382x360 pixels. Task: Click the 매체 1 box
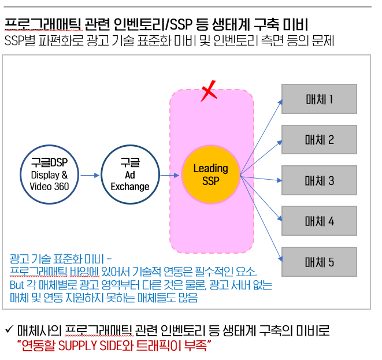point(319,99)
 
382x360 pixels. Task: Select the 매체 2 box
point(319,139)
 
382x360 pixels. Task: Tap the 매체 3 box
point(319,180)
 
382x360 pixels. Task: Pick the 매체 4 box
point(319,221)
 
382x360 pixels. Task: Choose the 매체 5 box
point(319,262)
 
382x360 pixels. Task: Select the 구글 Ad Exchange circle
point(129,175)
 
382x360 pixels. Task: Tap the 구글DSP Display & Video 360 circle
point(49,175)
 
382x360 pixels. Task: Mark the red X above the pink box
point(209,91)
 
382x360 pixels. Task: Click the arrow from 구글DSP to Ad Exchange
point(89,175)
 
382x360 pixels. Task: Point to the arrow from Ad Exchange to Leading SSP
point(169,175)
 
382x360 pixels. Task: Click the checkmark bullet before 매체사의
point(9,330)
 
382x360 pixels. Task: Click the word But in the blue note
point(17,286)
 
